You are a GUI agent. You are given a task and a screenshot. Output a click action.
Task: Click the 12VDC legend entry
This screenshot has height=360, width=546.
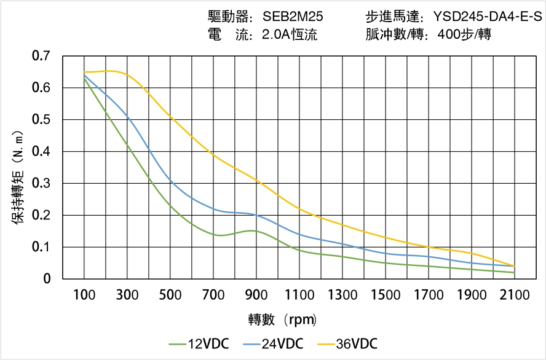[x=199, y=343]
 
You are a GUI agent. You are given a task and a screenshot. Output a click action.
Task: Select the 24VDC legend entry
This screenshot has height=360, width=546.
[x=273, y=343]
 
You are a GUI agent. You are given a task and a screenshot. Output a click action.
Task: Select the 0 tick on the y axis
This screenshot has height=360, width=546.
[x=47, y=279]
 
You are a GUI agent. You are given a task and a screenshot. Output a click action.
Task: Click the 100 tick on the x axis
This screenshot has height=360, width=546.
[x=84, y=295]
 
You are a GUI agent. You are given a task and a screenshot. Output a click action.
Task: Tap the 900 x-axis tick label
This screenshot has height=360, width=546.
[x=256, y=295]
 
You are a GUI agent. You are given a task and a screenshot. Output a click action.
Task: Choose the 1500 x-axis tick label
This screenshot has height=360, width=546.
[x=386, y=295]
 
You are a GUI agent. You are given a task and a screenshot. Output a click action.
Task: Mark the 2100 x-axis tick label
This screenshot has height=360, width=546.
[x=515, y=295]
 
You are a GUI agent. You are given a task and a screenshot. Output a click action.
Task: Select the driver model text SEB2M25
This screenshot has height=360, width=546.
[x=293, y=17]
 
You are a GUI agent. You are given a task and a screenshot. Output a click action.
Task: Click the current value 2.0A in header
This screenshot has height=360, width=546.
[x=275, y=35]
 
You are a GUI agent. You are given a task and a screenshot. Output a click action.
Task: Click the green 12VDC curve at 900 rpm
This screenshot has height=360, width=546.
[x=256, y=231]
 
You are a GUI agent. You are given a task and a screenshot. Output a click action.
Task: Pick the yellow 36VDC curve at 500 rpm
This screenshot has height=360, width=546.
[x=170, y=117]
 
